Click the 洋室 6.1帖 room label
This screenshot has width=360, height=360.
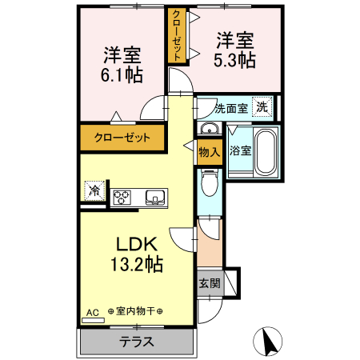122,66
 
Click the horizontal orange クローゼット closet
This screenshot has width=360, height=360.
122,138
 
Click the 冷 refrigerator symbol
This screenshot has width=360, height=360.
94,192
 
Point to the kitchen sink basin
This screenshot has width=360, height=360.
154,197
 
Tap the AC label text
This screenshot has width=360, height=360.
92,311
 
